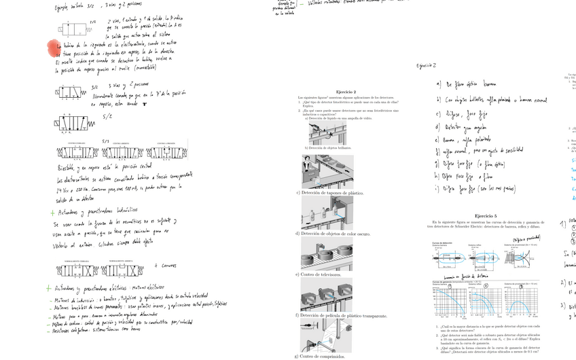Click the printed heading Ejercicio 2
[346, 91]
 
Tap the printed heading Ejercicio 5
[486, 215]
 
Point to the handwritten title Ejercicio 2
[427, 66]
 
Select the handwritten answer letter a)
[439, 84]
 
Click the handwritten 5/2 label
[107, 116]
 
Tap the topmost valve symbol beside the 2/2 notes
[74, 31]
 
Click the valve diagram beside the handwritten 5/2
[70, 123]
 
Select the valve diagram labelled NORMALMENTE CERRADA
[73, 269]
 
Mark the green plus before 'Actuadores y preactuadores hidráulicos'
[52, 213]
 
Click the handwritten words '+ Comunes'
[166, 266]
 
